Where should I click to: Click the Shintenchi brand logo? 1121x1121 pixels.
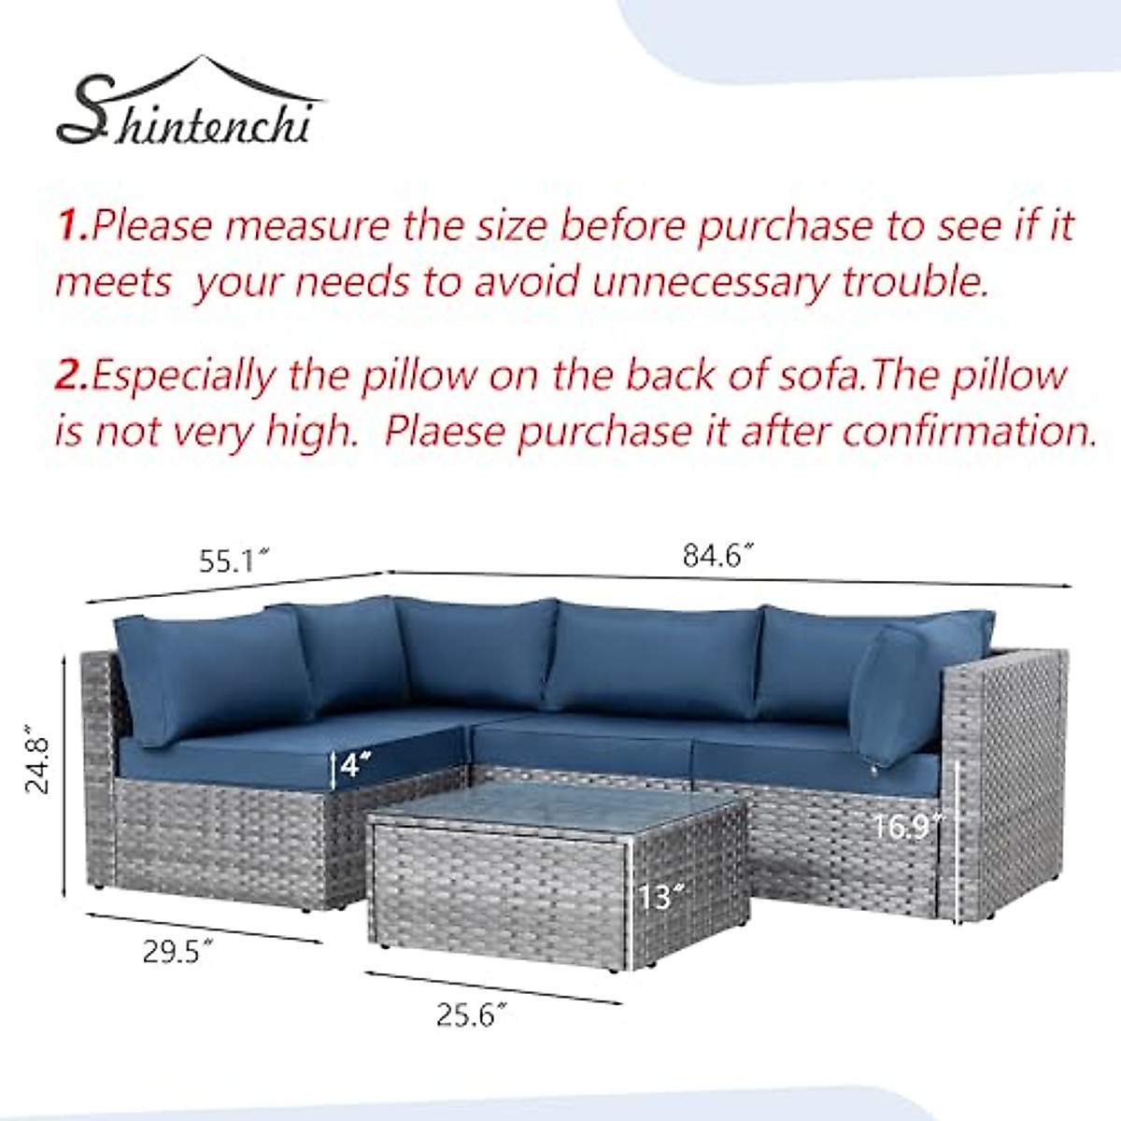187,107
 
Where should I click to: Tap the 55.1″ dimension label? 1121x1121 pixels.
234,560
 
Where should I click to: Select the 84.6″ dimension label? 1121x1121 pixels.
717,556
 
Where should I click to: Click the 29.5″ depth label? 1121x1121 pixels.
177,952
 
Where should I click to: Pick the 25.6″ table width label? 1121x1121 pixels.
473,1015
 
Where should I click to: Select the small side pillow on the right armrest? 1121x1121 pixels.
892,687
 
